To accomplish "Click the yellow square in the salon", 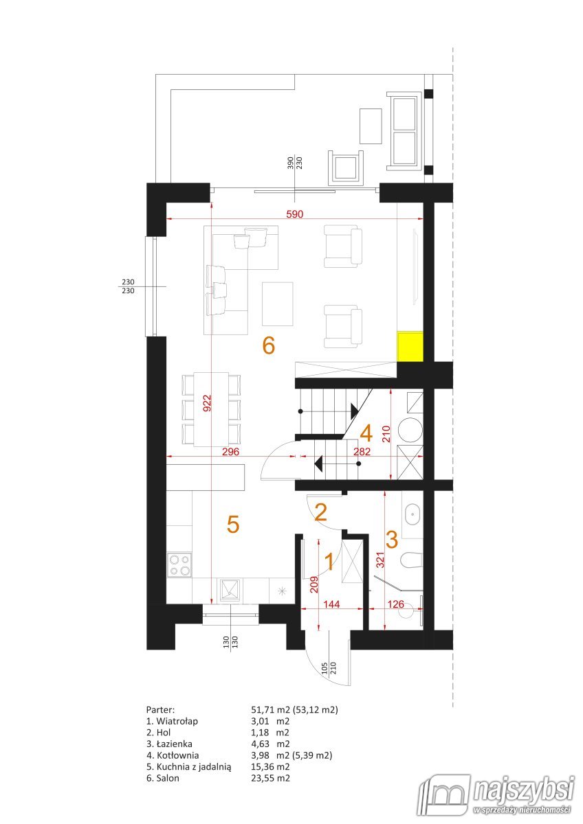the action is tap(410, 346).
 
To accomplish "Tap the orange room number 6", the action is tap(269, 346).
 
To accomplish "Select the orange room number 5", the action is tap(233, 524).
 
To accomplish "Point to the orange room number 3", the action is tap(392, 540).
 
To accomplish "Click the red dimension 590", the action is tap(295, 214).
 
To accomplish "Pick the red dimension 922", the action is tap(208, 403).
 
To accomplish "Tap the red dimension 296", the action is tap(230, 451).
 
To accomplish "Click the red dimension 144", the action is tap(331, 604).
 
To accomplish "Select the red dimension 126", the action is tap(395, 604).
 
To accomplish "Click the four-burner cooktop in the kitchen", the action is tap(179, 565).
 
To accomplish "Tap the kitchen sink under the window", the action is tap(230, 591).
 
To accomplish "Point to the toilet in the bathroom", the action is tap(411, 560).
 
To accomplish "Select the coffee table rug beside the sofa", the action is tap(277, 304).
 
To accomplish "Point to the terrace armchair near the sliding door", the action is tap(346, 168).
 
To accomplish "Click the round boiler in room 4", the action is tap(410, 430).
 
